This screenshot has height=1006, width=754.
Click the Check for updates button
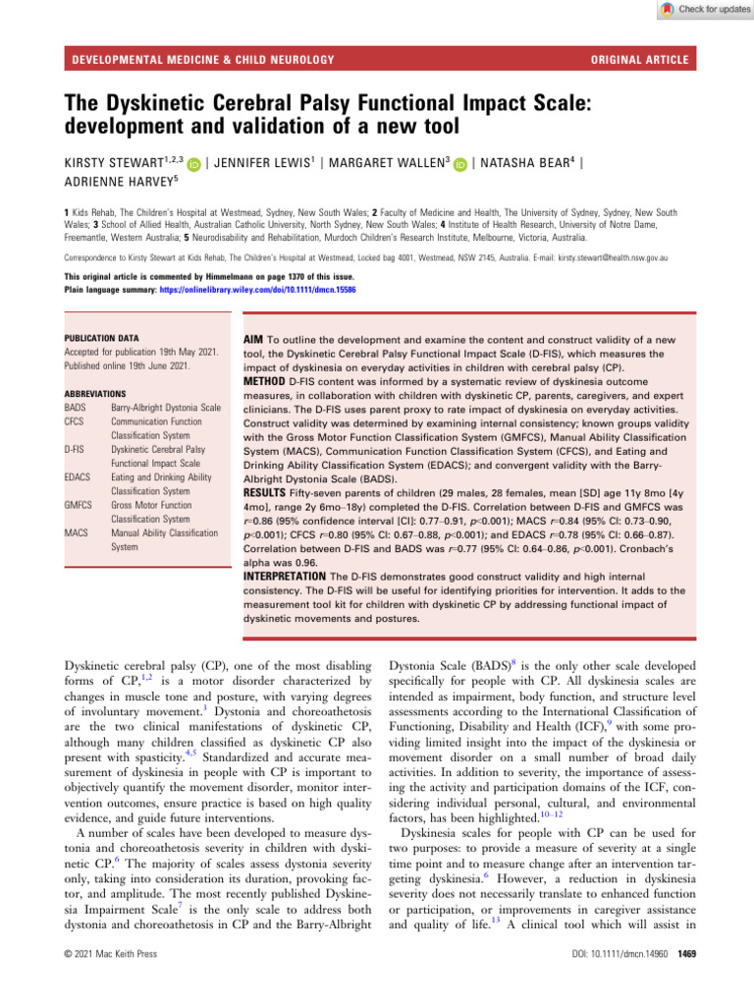pyautogui.click(x=699, y=10)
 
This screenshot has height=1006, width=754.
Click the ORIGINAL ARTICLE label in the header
pyautogui.click(x=640, y=60)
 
